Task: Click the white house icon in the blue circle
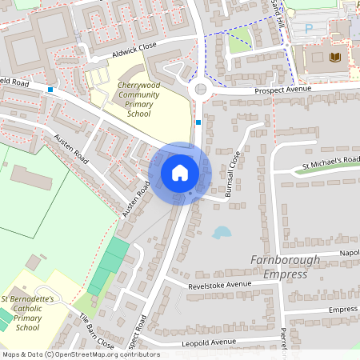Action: [x=180, y=173]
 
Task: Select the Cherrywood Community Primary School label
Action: [x=133, y=99]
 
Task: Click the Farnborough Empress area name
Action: [x=285, y=267]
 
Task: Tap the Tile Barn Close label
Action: [x=95, y=330]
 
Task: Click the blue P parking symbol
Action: [x=309, y=27]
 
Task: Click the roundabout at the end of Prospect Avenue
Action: [x=201, y=90]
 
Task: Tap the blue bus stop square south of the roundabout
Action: [x=198, y=122]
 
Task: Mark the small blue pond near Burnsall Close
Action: [x=222, y=232]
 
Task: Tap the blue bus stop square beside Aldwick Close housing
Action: [x=50, y=90]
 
